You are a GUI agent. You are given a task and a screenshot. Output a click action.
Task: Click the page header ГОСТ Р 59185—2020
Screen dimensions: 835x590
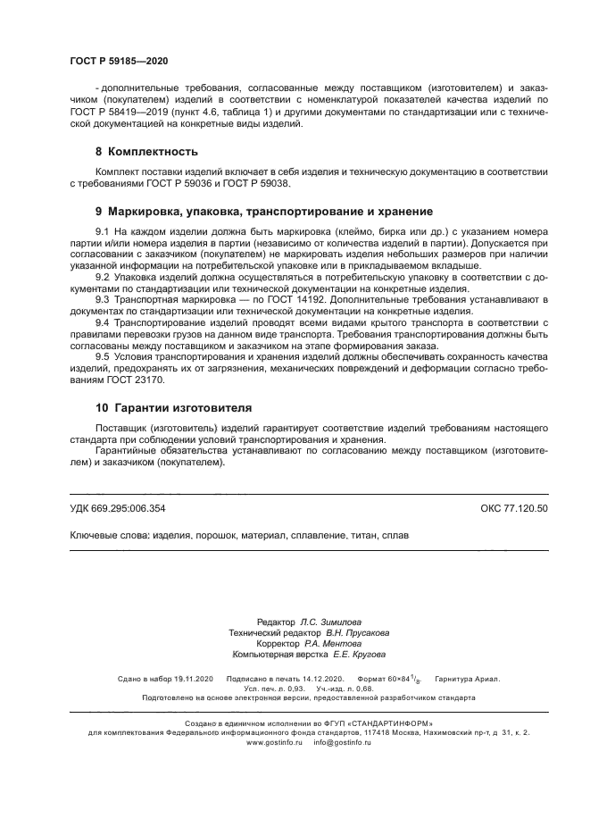(x=119, y=61)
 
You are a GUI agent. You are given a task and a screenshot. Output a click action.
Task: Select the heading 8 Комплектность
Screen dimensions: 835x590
(x=146, y=152)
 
